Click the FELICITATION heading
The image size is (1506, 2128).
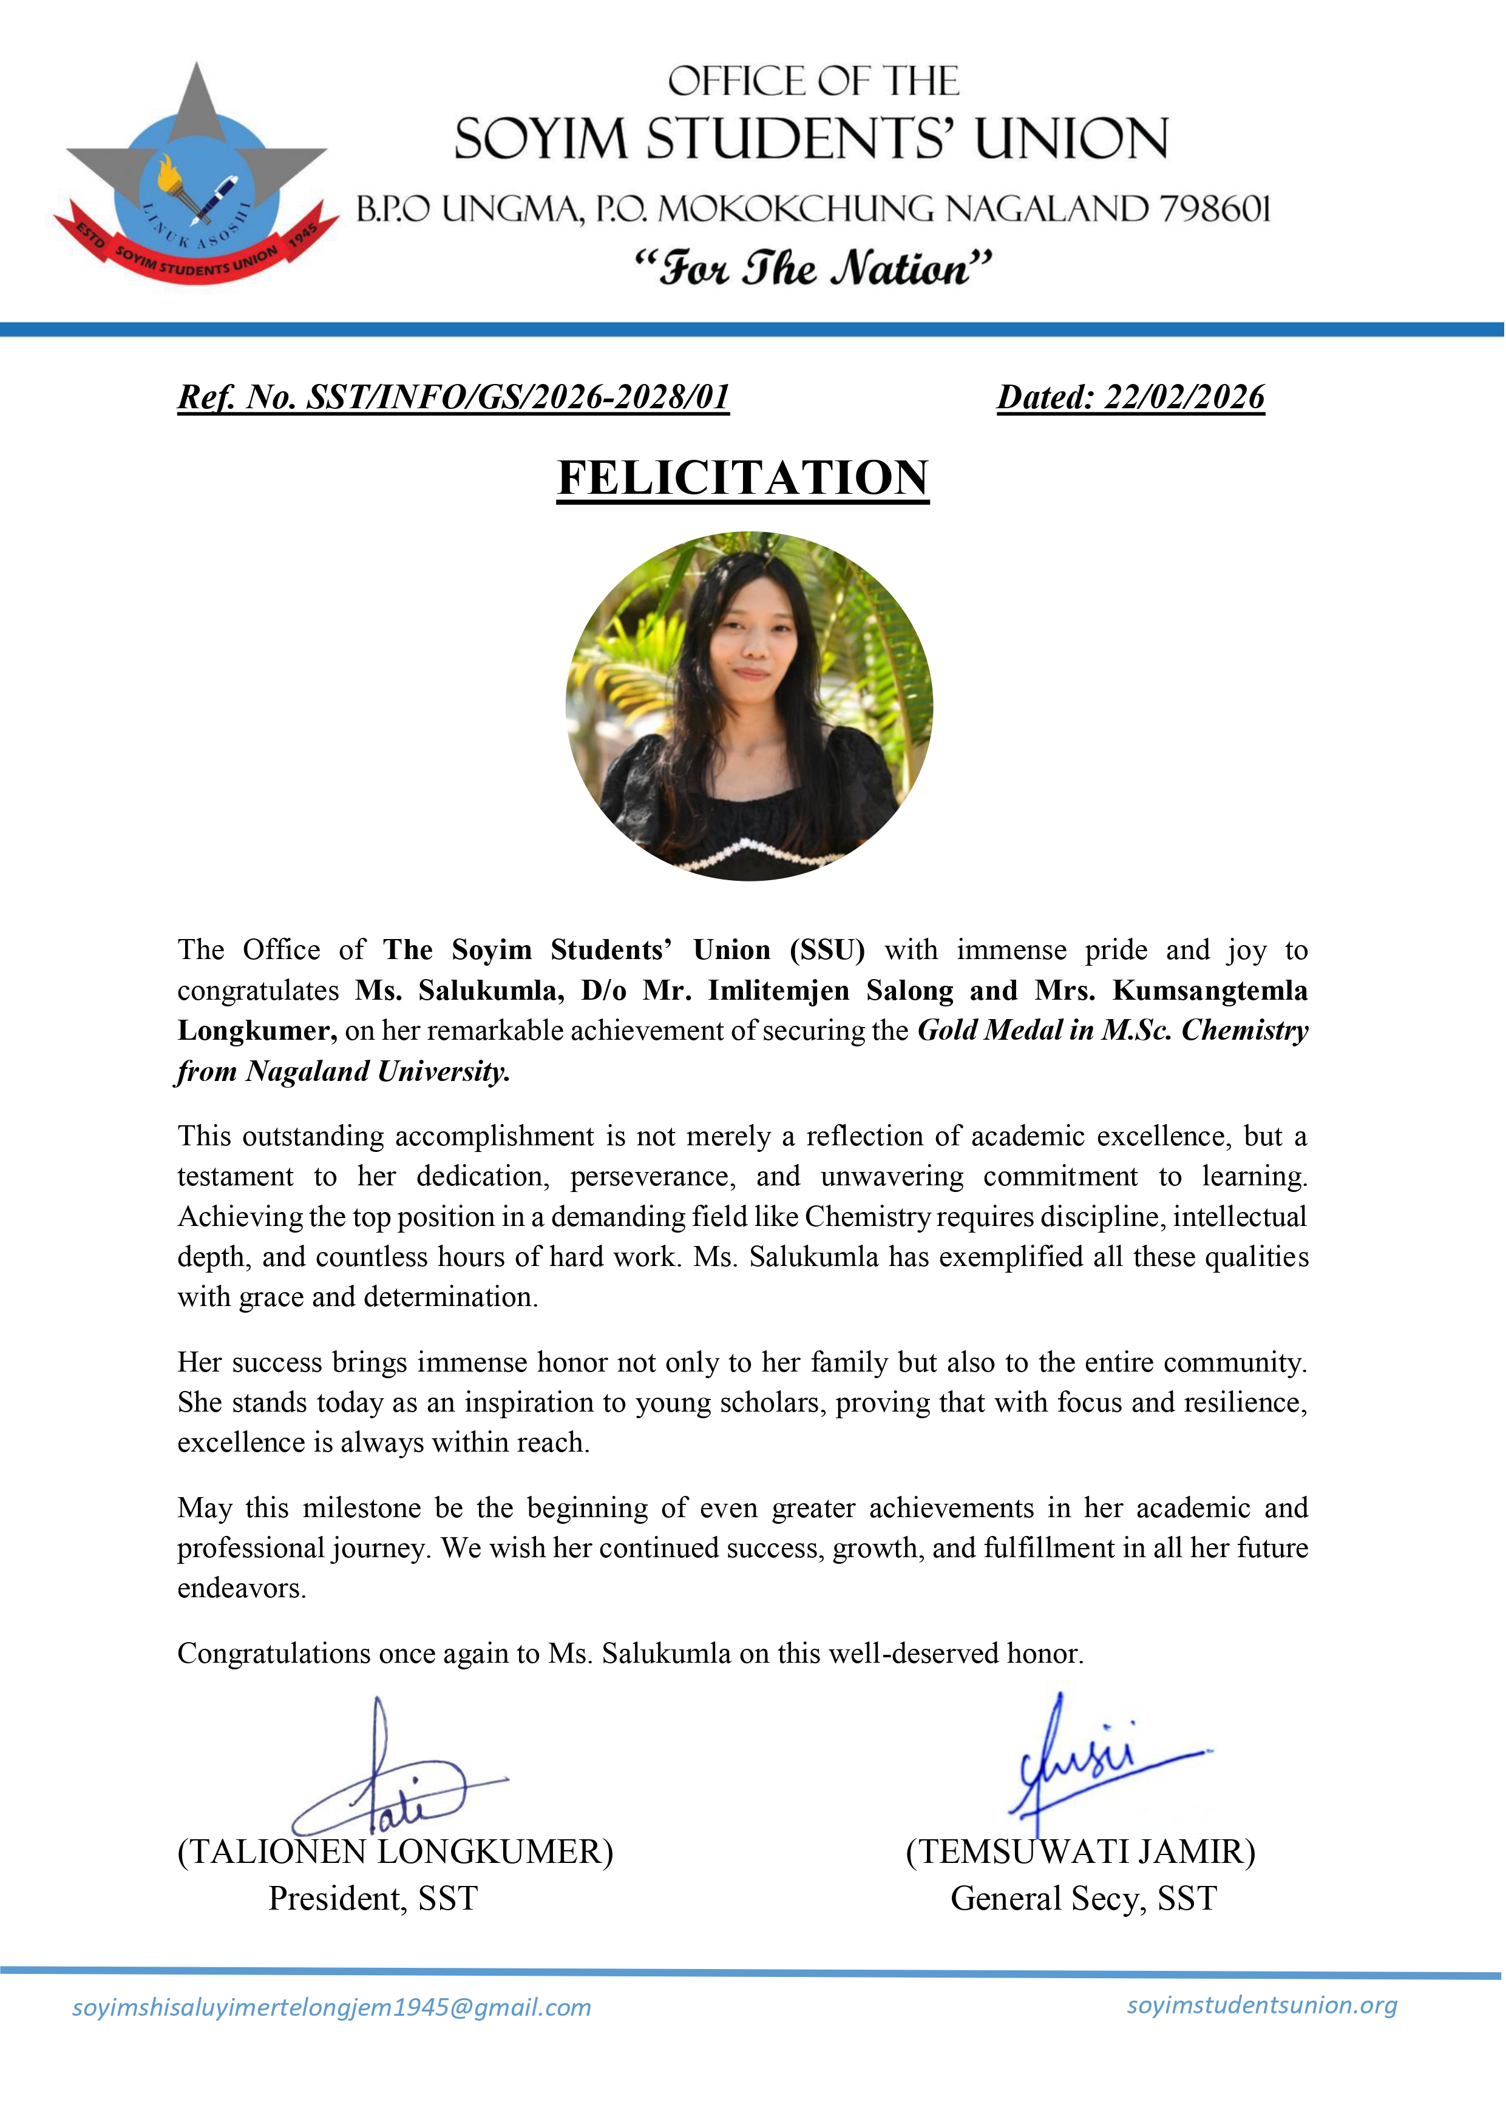pos(743,478)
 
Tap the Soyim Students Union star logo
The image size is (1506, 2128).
pos(197,176)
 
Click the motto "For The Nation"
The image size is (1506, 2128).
pos(812,268)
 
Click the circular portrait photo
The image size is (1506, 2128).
pos(749,706)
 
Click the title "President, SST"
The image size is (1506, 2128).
pos(373,1898)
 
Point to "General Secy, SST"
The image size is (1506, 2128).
pos(1083,1898)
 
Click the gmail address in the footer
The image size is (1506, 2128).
pos(331,2007)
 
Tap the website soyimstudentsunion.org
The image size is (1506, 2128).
pos(1261,2005)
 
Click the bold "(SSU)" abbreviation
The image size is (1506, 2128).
pos(827,950)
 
